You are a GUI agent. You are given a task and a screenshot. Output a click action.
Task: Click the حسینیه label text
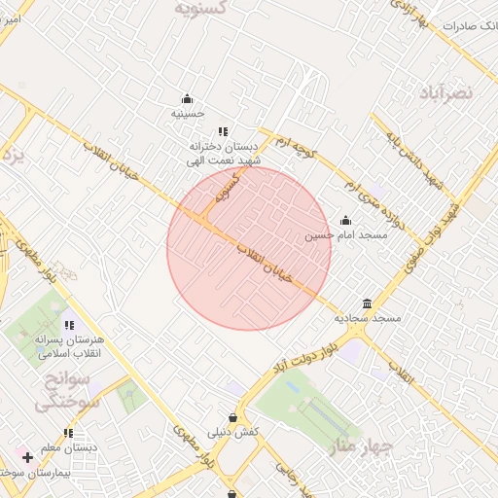(x=187, y=114)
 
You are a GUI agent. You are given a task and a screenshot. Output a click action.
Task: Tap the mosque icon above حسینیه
(x=187, y=98)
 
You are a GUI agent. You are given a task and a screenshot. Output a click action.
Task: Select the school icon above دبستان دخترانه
(x=223, y=131)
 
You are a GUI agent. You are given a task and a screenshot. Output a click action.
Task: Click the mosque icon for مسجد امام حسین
(x=345, y=220)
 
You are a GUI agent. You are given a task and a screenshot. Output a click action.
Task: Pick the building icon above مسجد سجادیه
(x=367, y=303)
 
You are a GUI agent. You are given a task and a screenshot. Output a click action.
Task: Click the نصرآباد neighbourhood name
(x=445, y=91)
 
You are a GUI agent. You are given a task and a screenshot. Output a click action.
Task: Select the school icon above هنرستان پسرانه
(x=68, y=325)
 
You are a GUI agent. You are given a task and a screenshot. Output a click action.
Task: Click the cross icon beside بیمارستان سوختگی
(x=27, y=456)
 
